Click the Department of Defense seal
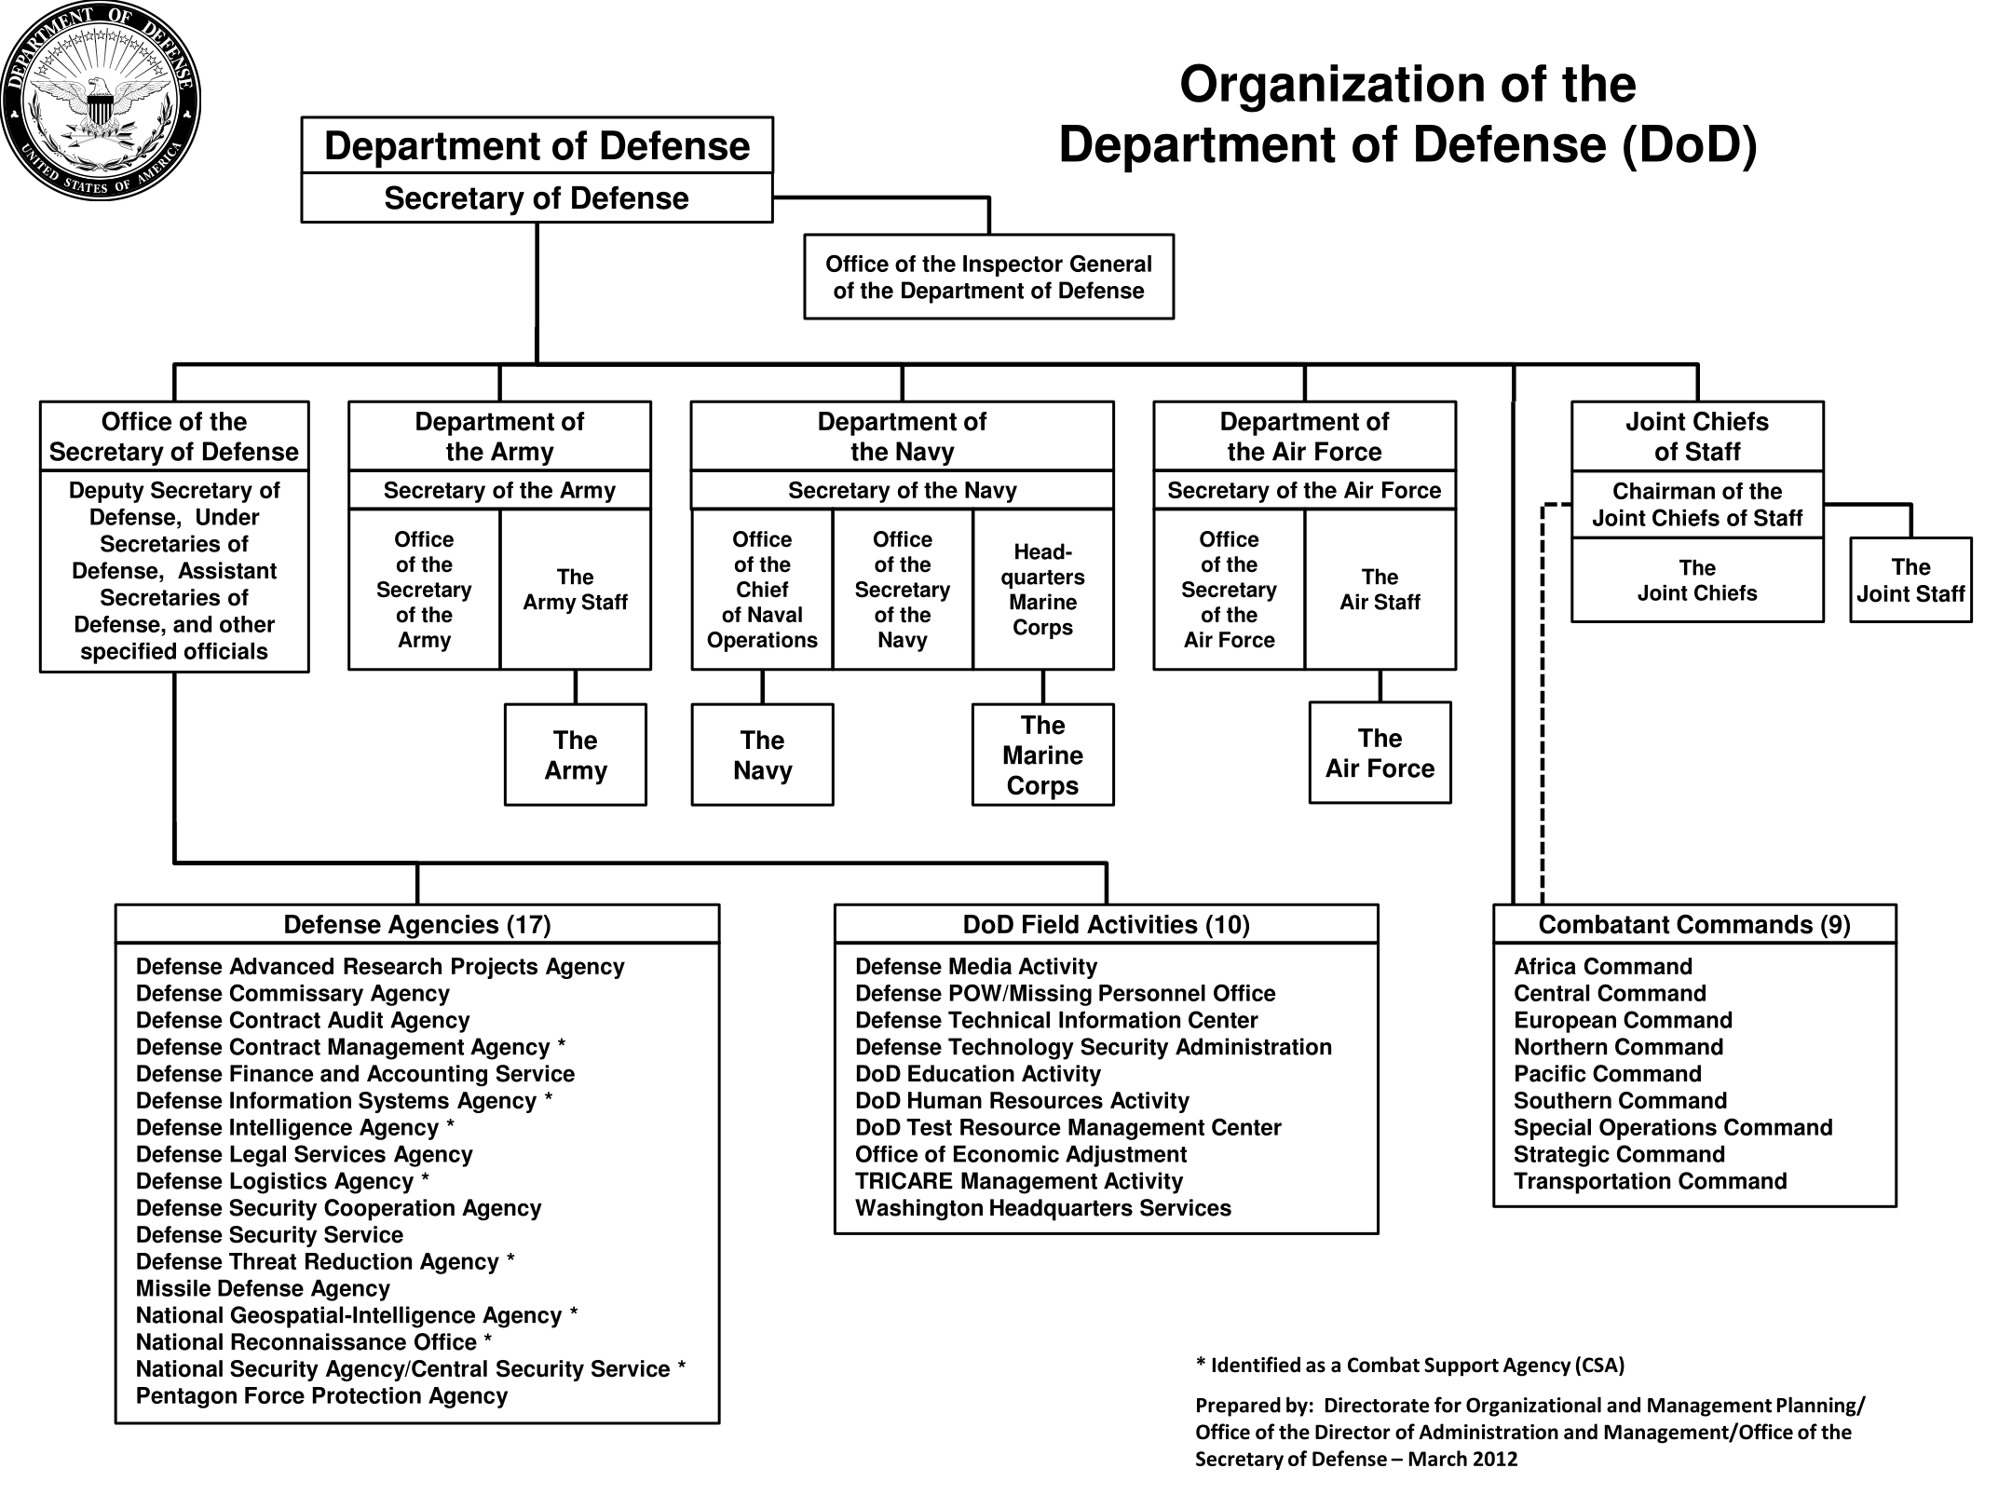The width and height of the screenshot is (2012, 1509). (101, 101)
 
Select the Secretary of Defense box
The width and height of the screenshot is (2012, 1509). (537, 197)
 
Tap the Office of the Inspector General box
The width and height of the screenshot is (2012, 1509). (988, 277)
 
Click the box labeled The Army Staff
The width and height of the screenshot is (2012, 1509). (576, 589)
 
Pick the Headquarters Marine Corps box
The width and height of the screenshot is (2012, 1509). (1043, 589)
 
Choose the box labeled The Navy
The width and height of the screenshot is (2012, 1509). (762, 754)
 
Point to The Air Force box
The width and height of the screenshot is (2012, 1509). (1380, 753)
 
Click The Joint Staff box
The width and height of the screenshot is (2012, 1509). (1910, 579)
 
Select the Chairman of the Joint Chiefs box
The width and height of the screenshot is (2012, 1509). (1697, 504)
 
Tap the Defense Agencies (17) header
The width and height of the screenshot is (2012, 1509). (417, 924)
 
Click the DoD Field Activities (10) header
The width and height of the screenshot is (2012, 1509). (1106, 924)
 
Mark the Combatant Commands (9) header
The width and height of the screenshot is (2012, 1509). (1694, 924)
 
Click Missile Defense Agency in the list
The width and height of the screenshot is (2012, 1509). (263, 1288)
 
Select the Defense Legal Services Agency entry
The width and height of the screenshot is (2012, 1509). (305, 1154)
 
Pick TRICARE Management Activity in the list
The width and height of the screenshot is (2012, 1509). (1019, 1181)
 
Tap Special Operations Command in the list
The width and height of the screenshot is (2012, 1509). (1673, 1127)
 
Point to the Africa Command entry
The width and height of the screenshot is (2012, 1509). (1603, 966)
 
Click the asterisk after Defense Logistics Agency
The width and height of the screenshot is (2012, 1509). (425, 1177)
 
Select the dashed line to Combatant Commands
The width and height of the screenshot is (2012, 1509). (1543, 703)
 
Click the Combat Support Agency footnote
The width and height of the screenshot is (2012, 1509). (1410, 1366)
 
